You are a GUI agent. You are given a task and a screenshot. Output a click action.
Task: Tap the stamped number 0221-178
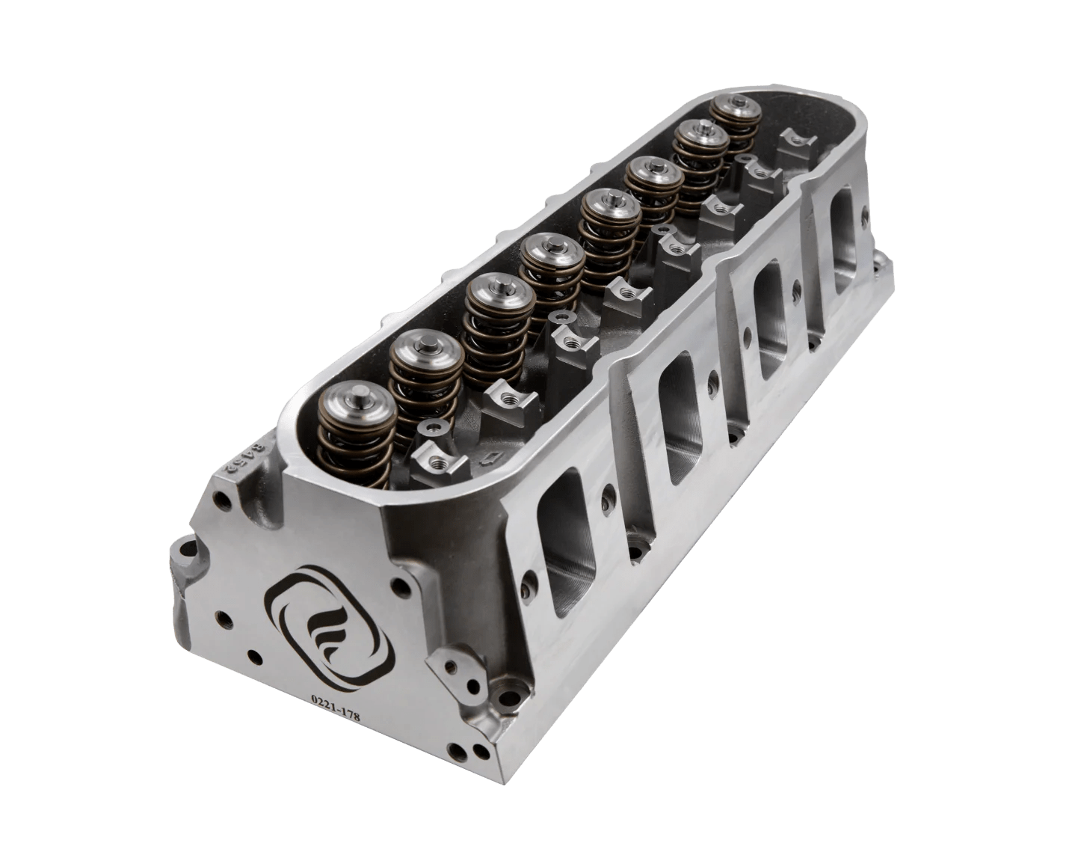pyautogui.click(x=336, y=708)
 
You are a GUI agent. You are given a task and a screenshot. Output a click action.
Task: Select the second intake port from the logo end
pyautogui.click(x=678, y=423)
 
